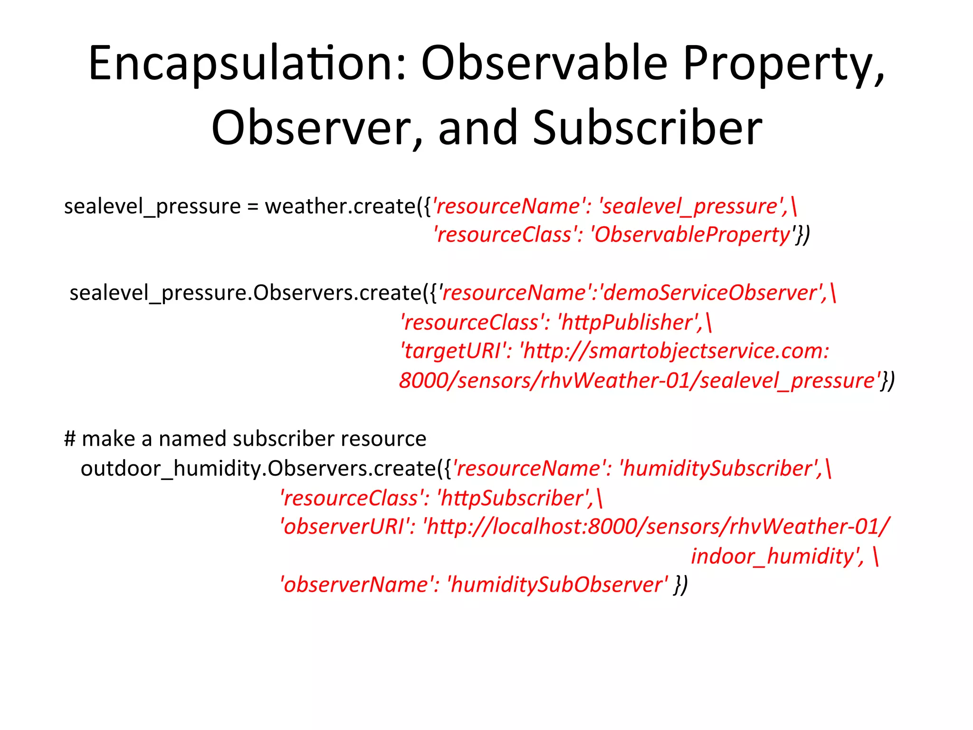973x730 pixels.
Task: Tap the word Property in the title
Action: (784, 64)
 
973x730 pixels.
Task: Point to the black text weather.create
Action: (340, 206)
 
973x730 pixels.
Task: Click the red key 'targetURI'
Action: (454, 351)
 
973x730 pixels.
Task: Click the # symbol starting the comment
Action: (70, 439)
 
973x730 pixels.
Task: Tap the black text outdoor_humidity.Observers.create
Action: (258, 469)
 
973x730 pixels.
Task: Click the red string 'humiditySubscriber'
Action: (720, 469)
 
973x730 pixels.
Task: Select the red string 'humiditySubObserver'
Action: (558, 585)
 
